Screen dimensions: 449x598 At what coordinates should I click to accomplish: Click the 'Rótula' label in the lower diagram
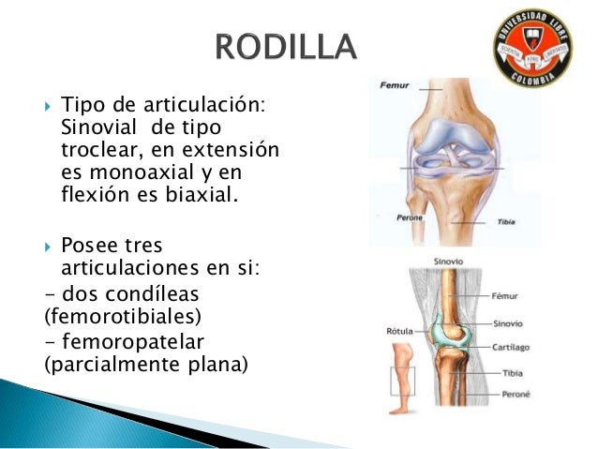click(x=402, y=331)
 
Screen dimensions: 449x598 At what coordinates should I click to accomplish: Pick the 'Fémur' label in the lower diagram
click(x=507, y=294)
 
